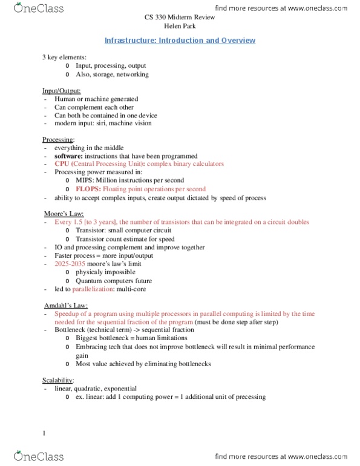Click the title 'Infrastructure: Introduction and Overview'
pos(180,41)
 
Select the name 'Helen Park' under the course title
pos(180,26)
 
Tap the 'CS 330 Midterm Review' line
pos(180,18)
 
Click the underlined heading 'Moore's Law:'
pos(64,214)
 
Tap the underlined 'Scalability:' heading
pos(58,379)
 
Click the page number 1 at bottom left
pos(44,432)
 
